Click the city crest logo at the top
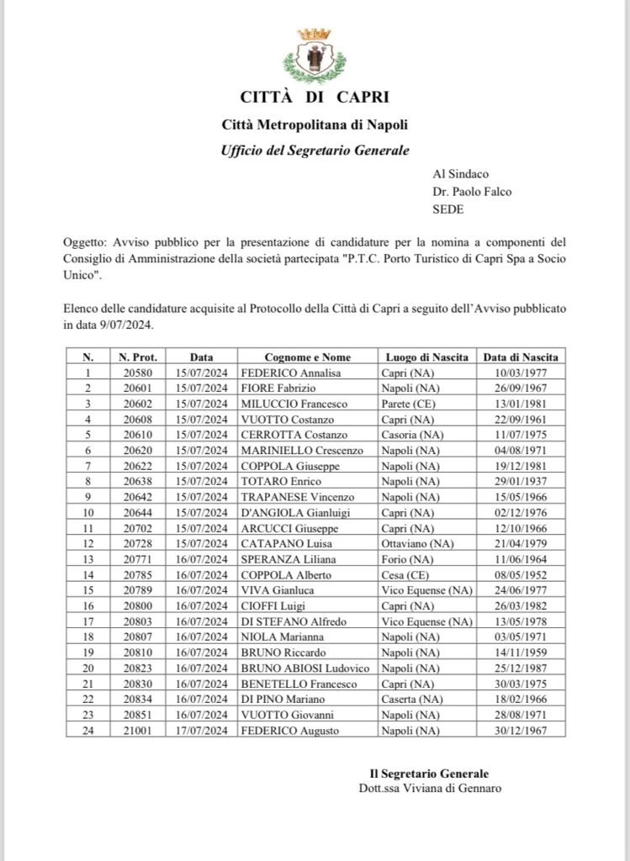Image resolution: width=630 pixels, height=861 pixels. [x=315, y=55]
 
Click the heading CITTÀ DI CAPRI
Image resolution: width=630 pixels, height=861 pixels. [x=315, y=98]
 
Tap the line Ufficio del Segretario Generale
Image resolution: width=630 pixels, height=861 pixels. [x=315, y=151]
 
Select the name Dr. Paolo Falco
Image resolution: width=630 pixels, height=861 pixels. [x=472, y=191]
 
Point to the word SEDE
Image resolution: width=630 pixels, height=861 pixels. [x=447, y=208]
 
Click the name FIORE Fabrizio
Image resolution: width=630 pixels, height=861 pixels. [x=275, y=388]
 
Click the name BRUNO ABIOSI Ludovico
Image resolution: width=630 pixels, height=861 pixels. [x=305, y=669]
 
